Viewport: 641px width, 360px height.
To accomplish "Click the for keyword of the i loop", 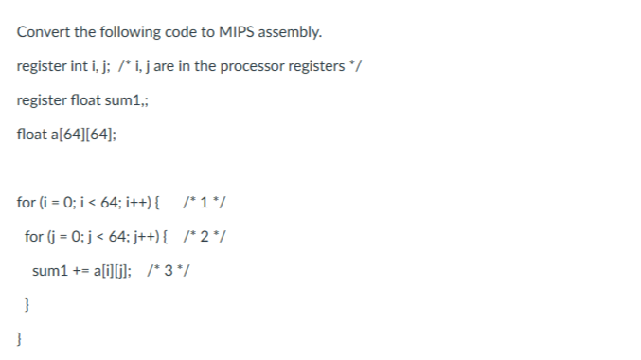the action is [x=26, y=202].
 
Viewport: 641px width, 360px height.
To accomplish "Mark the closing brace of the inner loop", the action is [x=27, y=305].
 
